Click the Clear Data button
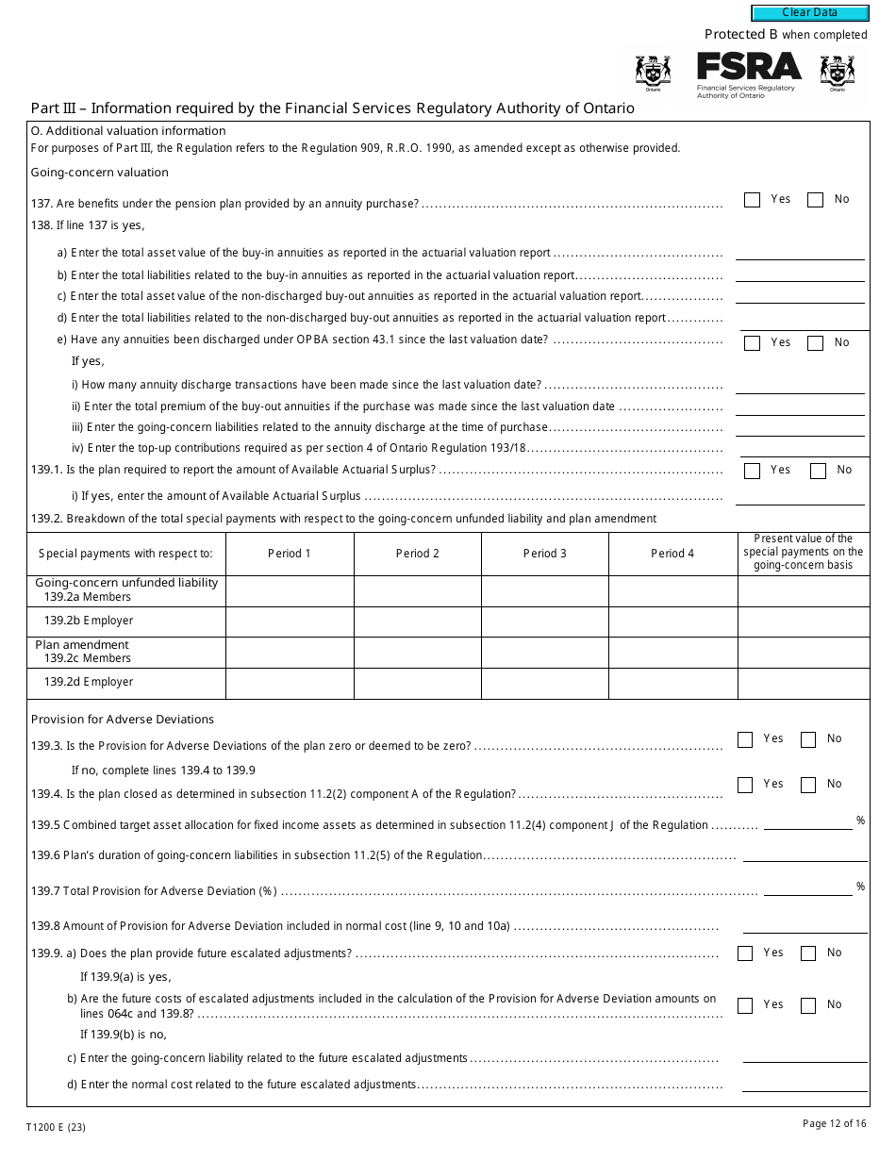809,13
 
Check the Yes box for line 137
752,200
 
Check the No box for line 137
816,200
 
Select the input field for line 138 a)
799,252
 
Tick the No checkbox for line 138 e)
816,343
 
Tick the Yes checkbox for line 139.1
752,471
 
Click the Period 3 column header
545,554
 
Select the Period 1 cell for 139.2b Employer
290,621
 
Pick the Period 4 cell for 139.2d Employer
672,683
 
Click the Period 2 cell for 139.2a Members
417,591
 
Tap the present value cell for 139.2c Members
803,653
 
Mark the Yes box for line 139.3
745,740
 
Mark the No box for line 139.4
808,785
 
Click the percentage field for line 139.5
807,822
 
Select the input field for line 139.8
805,925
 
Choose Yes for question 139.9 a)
745,953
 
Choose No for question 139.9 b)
808,1005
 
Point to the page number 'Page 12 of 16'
834,1123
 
